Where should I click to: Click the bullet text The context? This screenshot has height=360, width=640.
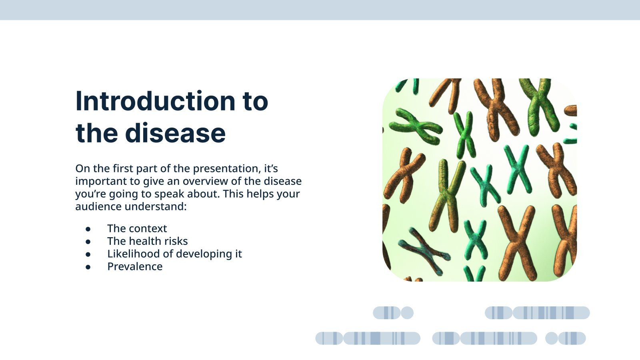click(137, 228)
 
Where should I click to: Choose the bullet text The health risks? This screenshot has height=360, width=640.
click(147, 241)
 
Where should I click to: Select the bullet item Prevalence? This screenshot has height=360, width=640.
click(135, 267)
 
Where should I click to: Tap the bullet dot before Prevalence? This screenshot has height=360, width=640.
click(88, 267)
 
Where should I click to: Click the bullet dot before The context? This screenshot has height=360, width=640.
click(88, 229)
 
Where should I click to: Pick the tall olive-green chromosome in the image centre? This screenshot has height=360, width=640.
click(447, 196)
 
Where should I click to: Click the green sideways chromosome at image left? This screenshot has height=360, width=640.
click(416, 126)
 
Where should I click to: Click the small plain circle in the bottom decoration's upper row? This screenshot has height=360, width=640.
click(407, 313)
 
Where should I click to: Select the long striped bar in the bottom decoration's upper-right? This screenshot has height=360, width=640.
click(551, 313)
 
